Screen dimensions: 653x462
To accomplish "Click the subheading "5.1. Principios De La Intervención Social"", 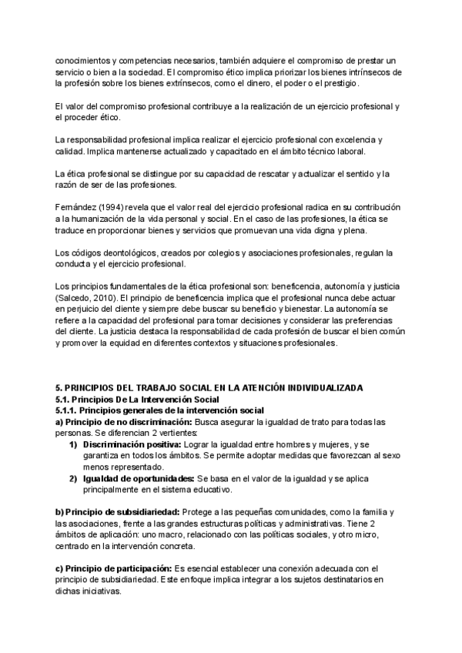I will click(136, 399).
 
